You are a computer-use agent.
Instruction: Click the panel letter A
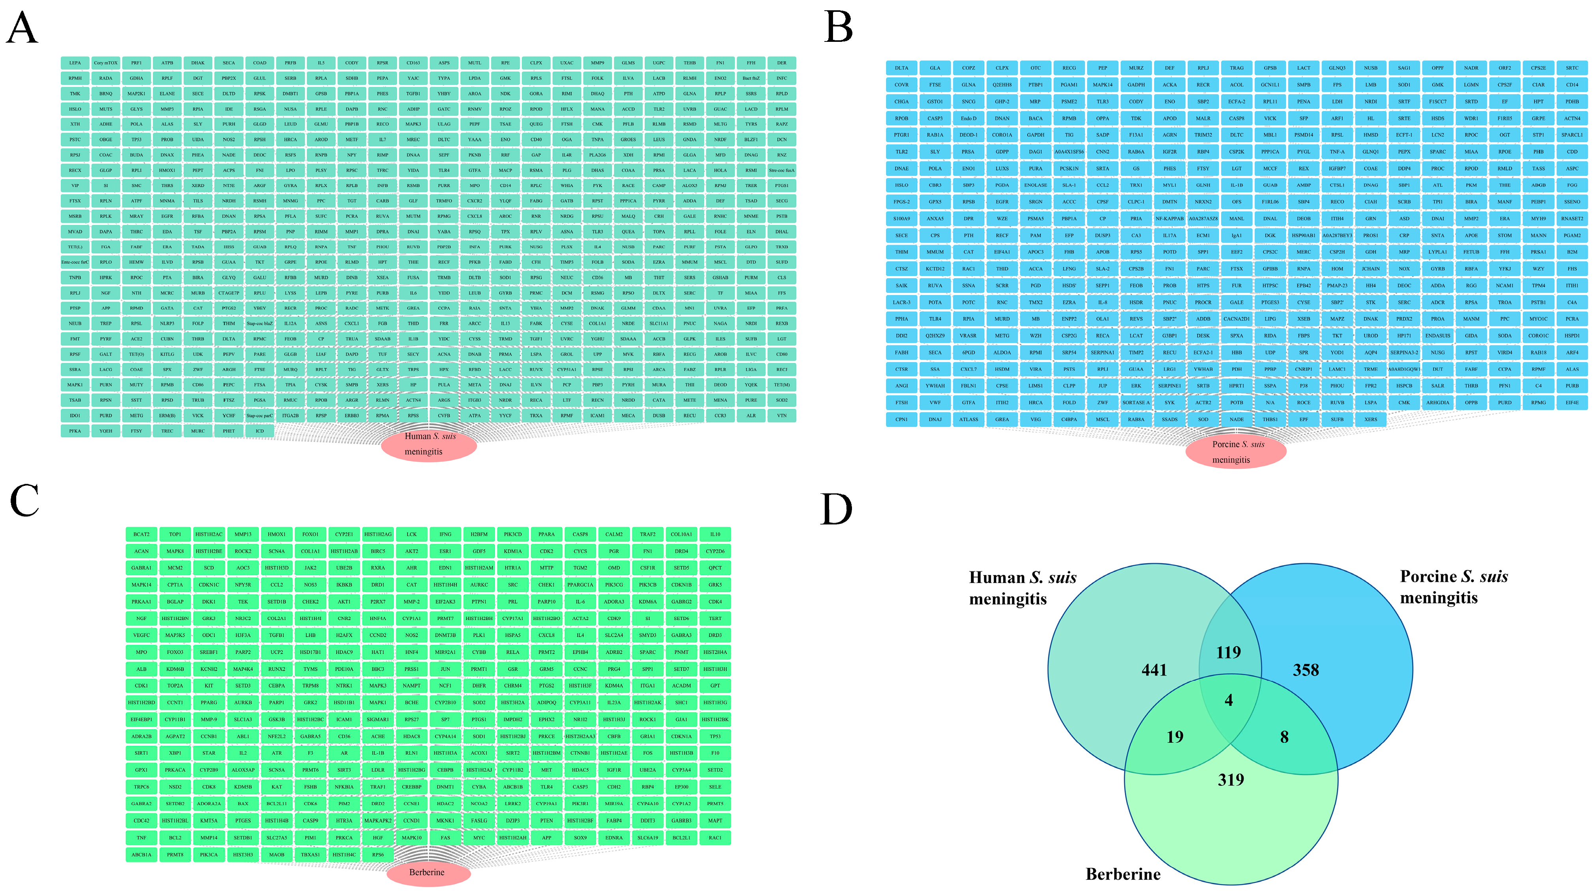[22, 28]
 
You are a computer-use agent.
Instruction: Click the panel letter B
[839, 28]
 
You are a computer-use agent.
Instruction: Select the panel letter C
[25, 500]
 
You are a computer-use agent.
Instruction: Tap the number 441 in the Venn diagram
[1154, 670]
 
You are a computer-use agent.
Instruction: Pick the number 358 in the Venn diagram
[1305, 670]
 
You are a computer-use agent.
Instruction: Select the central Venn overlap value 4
[1229, 700]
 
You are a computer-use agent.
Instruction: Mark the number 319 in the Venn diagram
[1230, 780]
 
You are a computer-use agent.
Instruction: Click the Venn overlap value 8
[1284, 736]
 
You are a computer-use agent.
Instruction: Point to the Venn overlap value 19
[1175, 736]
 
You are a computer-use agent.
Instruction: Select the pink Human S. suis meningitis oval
[428, 444]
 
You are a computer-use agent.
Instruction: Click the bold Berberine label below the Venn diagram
[1122, 874]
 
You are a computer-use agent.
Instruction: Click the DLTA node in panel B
[901, 68]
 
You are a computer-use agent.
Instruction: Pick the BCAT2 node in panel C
[141, 534]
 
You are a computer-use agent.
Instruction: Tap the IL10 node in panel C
[715, 534]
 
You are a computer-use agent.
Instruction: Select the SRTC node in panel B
[1571, 68]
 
